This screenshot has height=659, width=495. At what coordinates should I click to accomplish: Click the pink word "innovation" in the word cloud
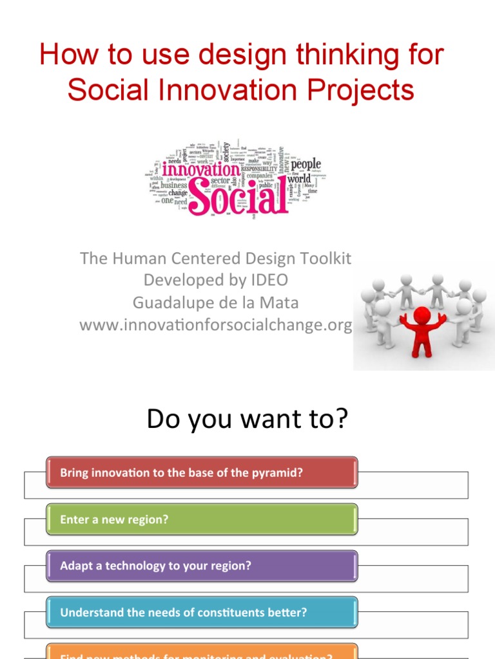[200, 169]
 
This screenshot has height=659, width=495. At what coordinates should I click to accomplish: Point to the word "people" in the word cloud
[306, 163]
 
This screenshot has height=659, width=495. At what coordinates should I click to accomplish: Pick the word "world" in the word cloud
[298, 178]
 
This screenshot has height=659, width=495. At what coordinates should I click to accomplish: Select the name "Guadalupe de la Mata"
[215, 302]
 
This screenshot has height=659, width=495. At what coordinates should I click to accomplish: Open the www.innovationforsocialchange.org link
[215, 325]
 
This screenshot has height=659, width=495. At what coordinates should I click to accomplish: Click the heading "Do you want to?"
[247, 419]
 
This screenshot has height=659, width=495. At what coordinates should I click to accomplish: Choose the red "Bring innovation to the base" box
[202, 473]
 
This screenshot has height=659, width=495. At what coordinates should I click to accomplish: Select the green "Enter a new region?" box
[202, 519]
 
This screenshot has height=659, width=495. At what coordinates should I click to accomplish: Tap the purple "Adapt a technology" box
[202, 566]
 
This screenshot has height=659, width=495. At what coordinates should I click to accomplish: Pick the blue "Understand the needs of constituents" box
[202, 613]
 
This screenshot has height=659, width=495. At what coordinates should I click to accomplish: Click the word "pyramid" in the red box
[280, 473]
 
